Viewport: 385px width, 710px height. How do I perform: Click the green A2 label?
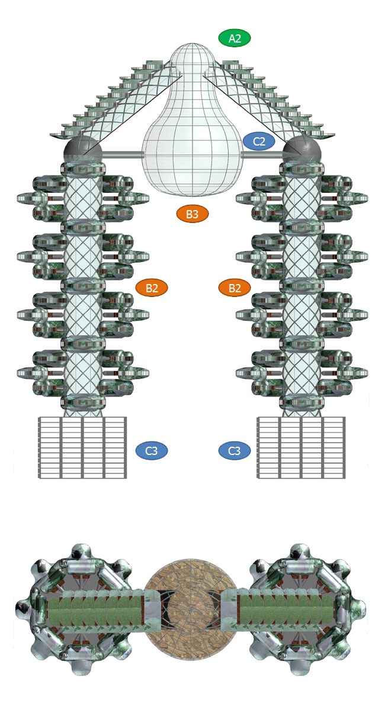click(x=235, y=38)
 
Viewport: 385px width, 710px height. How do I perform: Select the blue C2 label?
click(x=259, y=142)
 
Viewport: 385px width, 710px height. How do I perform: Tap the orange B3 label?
click(x=192, y=214)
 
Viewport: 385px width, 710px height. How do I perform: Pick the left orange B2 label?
click(x=152, y=288)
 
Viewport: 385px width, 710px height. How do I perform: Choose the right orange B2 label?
click(x=235, y=288)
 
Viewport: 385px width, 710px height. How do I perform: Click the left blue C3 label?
click(x=152, y=451)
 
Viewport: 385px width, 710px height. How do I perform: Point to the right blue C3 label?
click(x=235, y=451)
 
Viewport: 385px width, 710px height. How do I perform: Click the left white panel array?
click(x=82, y=447)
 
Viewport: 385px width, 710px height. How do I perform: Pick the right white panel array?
click(x=301, y=447)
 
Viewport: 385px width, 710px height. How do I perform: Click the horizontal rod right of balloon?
click(x=263, y=155)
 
